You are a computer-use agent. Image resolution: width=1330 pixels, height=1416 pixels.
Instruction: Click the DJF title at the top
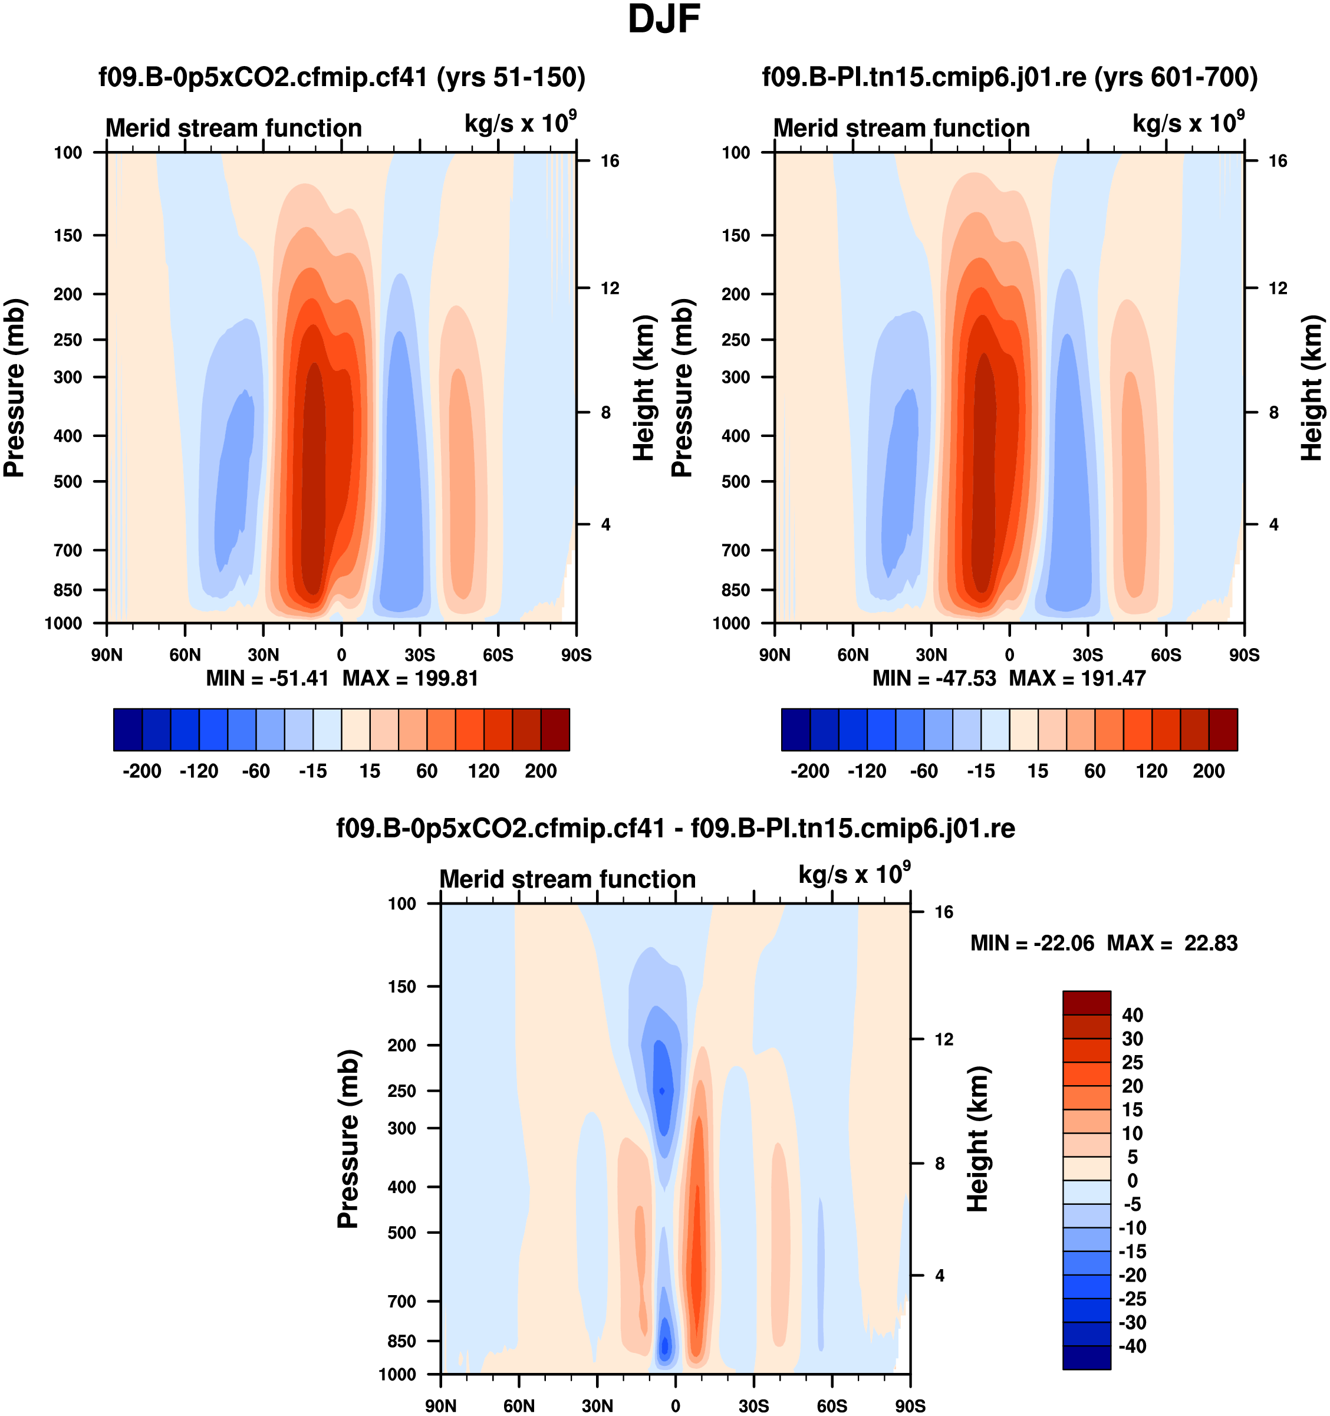pos(664,20)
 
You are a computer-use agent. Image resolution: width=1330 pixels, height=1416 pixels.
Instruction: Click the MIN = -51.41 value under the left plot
pos(267,678)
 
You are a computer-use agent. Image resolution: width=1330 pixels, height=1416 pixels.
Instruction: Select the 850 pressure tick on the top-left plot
pos(68,590)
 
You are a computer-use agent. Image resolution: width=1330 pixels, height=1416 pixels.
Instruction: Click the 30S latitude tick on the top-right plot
pos(1088,655)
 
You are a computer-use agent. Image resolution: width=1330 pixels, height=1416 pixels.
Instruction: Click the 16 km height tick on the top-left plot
pos(610,161)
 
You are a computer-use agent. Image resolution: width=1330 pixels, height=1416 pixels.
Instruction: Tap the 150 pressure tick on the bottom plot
pos(401,987)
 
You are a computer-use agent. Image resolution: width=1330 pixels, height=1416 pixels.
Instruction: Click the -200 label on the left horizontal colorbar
pos(141,771)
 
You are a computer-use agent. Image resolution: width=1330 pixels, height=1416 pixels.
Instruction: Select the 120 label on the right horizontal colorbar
pos(1151,771)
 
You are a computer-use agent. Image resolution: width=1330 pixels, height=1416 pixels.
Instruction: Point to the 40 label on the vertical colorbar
pos(1133,1015)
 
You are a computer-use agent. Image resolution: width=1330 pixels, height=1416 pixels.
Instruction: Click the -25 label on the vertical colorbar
pos(1132,1299)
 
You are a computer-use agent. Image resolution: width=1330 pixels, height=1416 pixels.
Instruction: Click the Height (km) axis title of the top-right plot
pos(1312,387)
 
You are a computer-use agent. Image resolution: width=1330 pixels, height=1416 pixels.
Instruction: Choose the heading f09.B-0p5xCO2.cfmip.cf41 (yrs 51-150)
pos(342,77)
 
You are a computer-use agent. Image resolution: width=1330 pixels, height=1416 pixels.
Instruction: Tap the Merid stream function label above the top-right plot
pos(901,128)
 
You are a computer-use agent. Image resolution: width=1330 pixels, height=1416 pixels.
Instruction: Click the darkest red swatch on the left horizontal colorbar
pos(555,730)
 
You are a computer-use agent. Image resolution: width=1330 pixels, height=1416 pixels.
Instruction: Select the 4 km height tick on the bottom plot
pos(939,1276)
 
